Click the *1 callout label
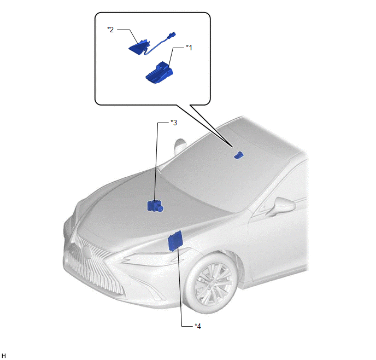(x=189, y=48)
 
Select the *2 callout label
(x=110, y=30)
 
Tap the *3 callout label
(x=174, y=123)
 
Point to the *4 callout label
(x=198, y=326)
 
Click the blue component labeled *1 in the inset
(x=159, y=73)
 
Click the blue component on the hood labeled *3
(x=155, y=206)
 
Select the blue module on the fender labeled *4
(x=175, y=241)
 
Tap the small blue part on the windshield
(x=238, y=155)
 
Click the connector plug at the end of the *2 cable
(x=172, y=35)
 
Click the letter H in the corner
(x=4, y=356)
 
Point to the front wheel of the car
(x=212, y=283)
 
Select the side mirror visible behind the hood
(x=180, y=146)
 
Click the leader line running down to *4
(x=180, y=287)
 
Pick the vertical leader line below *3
(x=156, y=162)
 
